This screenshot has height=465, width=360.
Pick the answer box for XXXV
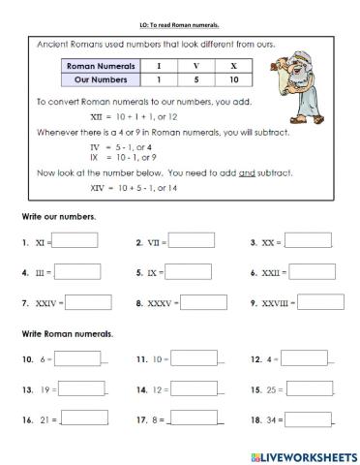[x=204, y=302]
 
